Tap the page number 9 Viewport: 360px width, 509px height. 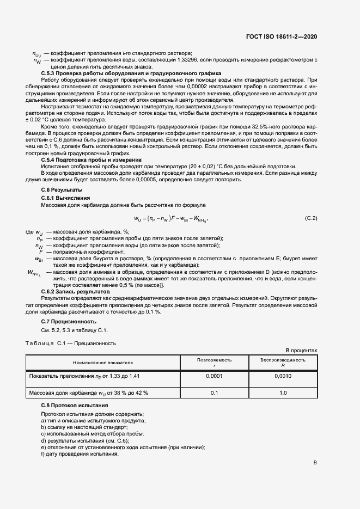coord(315,463)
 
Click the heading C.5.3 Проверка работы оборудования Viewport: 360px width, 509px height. coord(131,73)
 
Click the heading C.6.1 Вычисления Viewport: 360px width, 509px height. coord(66,198)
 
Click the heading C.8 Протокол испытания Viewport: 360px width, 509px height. coord(75,406)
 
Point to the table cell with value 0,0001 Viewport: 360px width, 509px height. coord(214,376)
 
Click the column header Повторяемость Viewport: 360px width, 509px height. coord(214,360)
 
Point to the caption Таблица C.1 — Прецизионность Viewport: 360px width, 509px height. coord(70,344)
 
